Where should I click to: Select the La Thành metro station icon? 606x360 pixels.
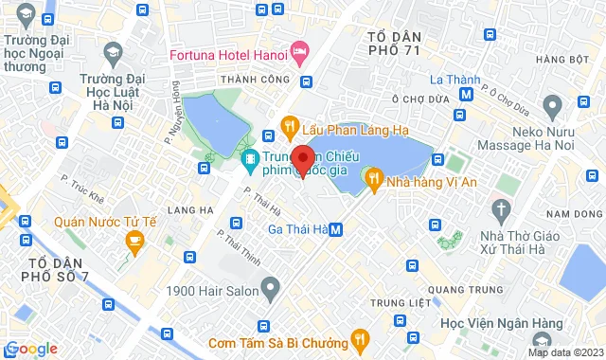click(466, 94)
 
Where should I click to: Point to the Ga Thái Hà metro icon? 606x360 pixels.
click(337, 230)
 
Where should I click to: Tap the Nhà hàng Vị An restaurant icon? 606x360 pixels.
click(374, 177)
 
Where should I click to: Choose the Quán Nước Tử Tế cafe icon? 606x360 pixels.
click(134, 241)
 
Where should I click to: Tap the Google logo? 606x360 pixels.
click(31, 349)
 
